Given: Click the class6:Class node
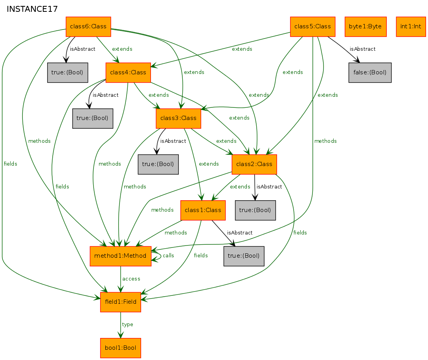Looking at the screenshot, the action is (88, 26).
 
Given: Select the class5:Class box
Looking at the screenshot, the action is (312, 26).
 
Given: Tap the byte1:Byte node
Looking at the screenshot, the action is (366, 26).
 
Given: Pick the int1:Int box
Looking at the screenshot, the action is (411, 26).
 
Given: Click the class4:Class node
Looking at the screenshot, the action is (128, 72).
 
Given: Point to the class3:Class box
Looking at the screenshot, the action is (178, 118).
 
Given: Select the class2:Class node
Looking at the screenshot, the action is (254, 164).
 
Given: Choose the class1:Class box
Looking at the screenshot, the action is (203, 210).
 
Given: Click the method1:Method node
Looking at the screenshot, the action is (120, 256).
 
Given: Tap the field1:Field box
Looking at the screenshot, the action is (120, 302).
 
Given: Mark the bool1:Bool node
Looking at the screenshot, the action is (120, 348).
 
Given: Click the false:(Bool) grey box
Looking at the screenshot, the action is (370, 72).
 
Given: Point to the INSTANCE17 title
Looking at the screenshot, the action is (32, 9).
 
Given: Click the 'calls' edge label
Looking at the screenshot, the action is (168, 256).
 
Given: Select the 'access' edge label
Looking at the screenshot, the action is (131, 279).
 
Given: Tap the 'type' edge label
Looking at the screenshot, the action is (127, 325).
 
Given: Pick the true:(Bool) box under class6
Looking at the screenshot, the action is (68, 72).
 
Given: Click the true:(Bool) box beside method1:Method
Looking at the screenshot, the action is (244, 256).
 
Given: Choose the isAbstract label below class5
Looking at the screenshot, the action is (362, 49).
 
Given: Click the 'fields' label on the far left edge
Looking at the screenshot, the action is (10, 164).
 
